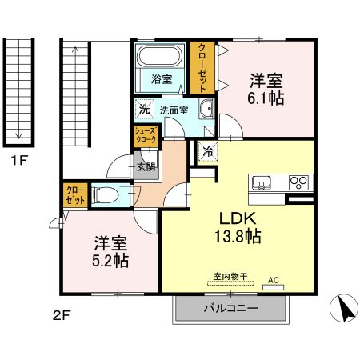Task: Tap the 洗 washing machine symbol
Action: pyautogui.click(x=144, y=109)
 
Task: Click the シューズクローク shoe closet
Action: pyautogui.click(x=146, y=137)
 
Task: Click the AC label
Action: pyautogui.click(x=273, y=280)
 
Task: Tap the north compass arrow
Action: pyautogui.click(x=344, y=308)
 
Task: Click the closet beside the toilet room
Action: pyautogui.click(x=75, y=195)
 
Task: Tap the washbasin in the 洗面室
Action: pyautogui.click(x=206, y=111)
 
